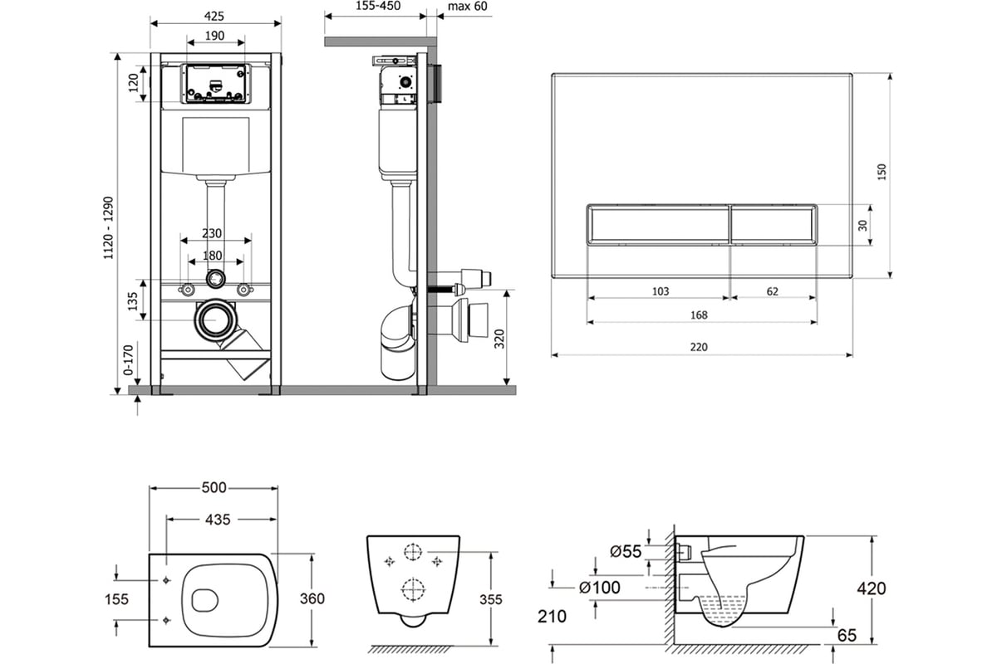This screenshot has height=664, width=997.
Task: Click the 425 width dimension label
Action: (x=214, y=16)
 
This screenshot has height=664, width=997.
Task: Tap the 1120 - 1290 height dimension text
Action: (x=109, y=227)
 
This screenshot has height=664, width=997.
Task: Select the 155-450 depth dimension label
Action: (x=378, y=6)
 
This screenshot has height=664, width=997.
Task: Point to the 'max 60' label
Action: (x=467, y=7)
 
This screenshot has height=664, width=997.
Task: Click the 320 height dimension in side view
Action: (x=499, y=339)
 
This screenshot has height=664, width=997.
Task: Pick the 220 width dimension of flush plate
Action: (x=699, y=347)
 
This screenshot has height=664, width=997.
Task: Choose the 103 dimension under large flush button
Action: (x=661, y=291)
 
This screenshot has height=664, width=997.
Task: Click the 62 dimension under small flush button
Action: (x=772, y=291)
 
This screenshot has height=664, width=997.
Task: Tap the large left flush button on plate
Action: (x=658, y=225)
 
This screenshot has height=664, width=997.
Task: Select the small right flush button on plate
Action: (x=774, y=225)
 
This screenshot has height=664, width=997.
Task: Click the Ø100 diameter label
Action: (x=600, y=588)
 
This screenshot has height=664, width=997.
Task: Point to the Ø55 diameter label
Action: (x=626, y=551)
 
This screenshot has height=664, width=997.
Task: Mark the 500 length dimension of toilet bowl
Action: (x=214, y=488)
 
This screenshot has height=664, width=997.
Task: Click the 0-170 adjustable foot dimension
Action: (x=128, y=359)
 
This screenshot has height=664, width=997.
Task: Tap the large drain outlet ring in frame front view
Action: (x=216, y=320)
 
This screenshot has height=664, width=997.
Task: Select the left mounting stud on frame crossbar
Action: (x=188, y=290)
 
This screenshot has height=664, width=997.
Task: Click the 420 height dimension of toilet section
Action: (x=872, y=588)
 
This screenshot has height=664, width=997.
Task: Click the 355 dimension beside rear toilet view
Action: (x=490, y=599)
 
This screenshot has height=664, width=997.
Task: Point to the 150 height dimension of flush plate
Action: (x=882, y=172)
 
